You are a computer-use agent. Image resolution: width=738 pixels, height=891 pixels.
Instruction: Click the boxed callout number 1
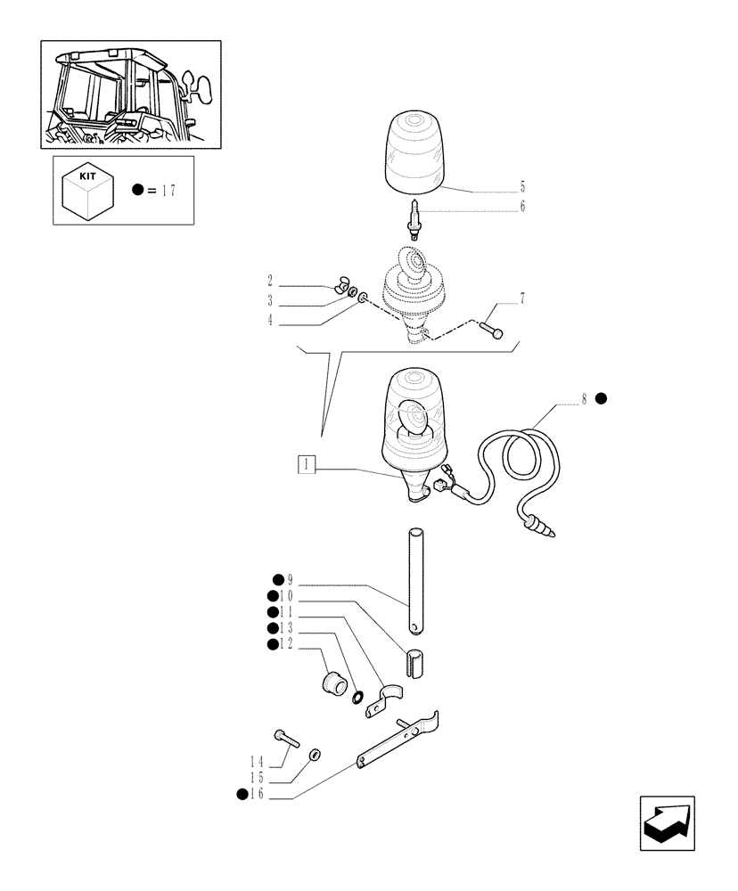pos(307,464)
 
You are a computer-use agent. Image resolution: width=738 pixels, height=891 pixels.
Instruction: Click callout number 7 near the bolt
pos(522,298)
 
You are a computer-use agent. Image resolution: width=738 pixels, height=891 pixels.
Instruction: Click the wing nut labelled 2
pos(340,287)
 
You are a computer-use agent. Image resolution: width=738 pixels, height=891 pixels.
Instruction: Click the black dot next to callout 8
pos(601,399)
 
